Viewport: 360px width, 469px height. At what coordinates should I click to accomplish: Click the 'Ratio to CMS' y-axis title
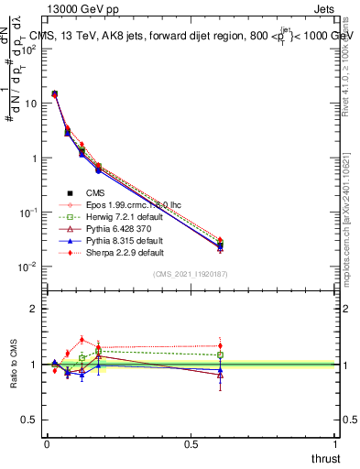click(x=13, y=365)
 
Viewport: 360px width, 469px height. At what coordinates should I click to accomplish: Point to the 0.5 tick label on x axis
click(x=191, y=443)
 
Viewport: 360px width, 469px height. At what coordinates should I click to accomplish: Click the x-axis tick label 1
click(x=335, y=443)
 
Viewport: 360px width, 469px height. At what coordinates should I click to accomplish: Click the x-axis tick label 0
click(x=47, y=443)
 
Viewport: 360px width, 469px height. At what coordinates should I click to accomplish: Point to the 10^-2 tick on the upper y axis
click(x=27, y=267)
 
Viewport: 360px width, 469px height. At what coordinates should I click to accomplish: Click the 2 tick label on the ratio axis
click(x=33, y=309)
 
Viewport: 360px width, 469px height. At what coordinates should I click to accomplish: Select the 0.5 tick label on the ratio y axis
click(x=29, y=420)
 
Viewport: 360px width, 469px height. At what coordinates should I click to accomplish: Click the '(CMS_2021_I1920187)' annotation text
click(x=190, y=275)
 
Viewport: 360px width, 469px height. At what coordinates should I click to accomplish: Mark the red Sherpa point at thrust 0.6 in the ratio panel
click(x=220, y=346)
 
